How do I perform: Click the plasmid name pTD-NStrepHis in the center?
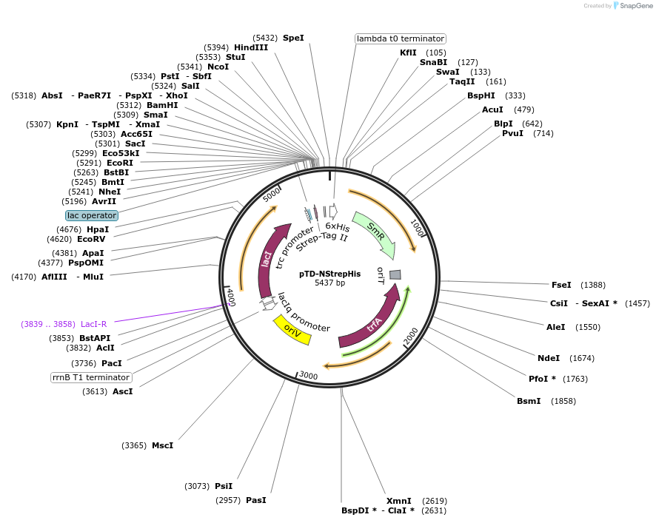(x=329, y=274)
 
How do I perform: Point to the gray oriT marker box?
(x=395, y=274)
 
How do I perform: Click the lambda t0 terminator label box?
(x=401, y=38)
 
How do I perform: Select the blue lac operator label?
(x=92, y=215)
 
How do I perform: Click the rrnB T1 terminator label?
(x=91, y=377)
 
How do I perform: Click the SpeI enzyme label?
(x=293, y=38)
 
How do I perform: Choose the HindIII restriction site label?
(x=251, y=47)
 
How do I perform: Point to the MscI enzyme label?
(x=162, y=445)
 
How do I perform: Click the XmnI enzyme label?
(x=398, y=501)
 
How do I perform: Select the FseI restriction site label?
(x=561, y=285)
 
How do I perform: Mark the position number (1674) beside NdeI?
(x=582, y=358)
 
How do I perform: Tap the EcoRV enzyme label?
(x=92, y=239)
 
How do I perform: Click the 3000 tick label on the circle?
(x=309, y=376)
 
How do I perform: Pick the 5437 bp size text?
(x=329, y=283)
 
